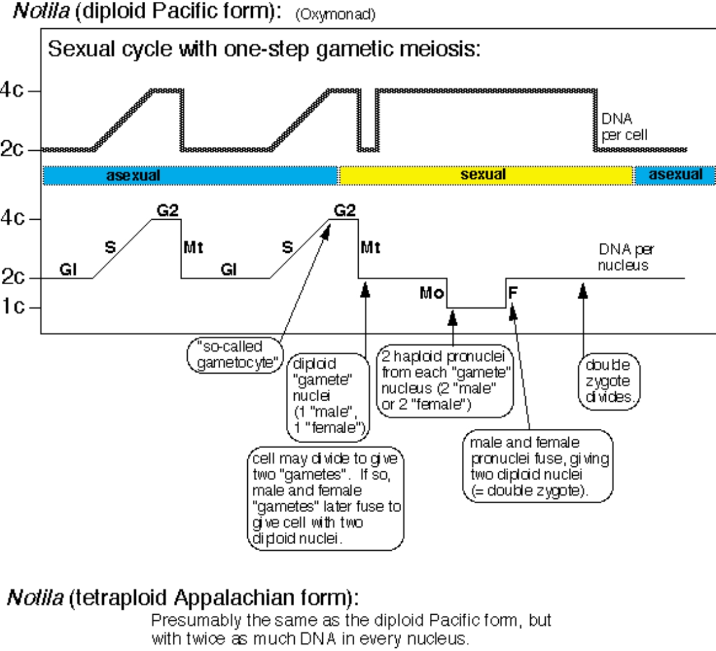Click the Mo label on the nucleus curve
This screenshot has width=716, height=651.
click(x=431, y=292)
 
